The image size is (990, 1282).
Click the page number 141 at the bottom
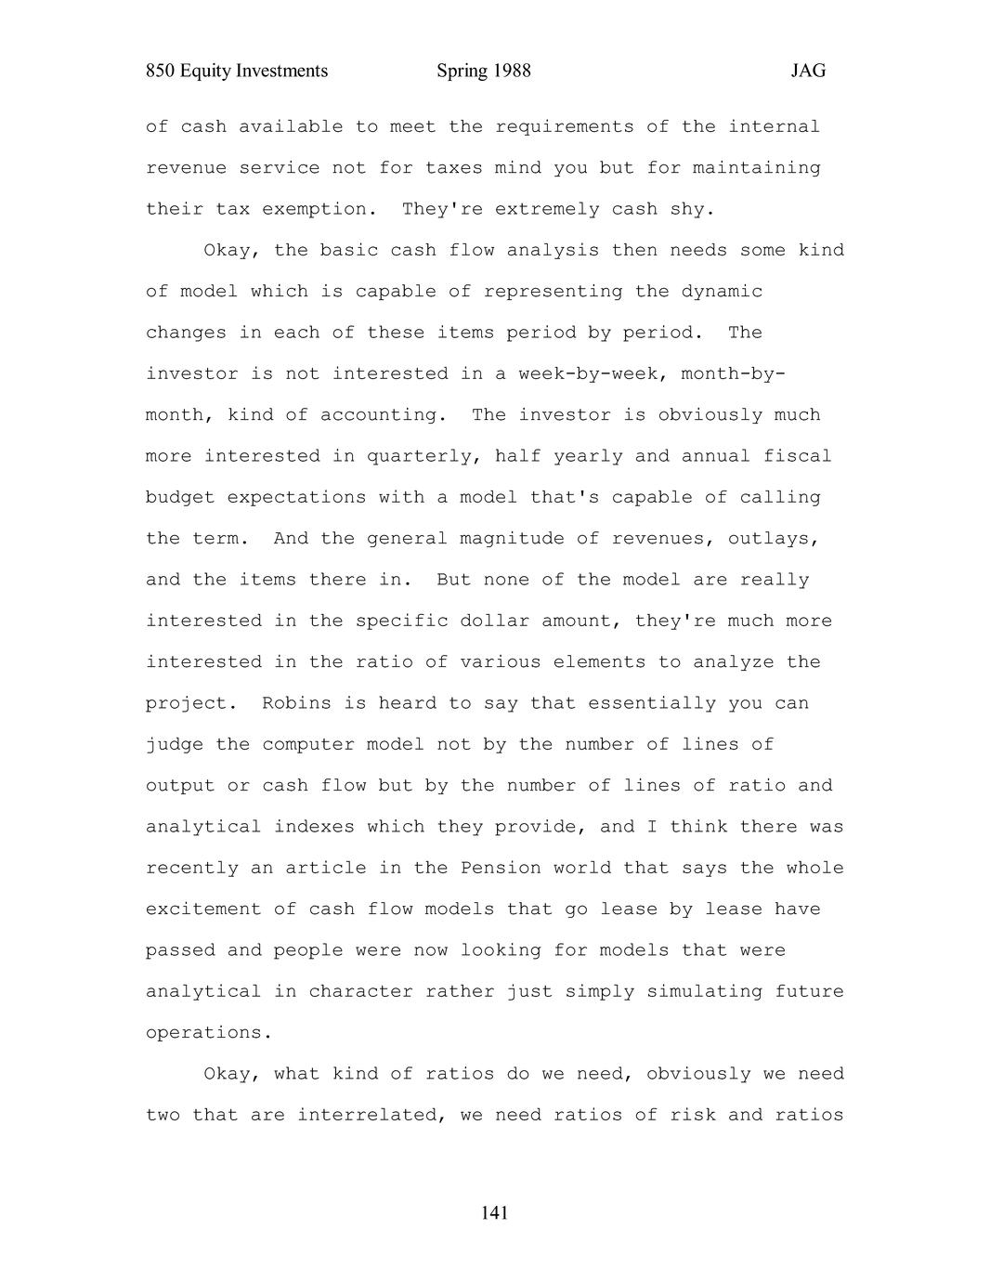494,1212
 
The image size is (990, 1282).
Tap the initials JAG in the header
808,72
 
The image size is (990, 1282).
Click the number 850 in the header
161,72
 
